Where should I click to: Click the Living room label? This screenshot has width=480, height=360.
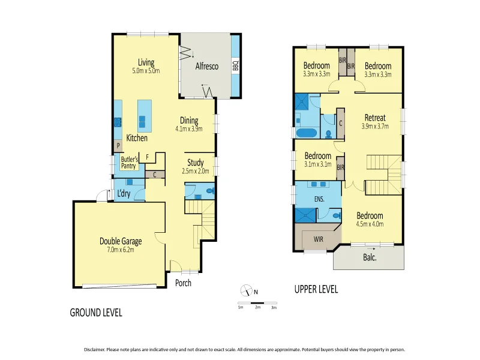(146, 62)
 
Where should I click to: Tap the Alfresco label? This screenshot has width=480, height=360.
(206, 67)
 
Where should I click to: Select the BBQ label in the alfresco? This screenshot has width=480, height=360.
(236, 65)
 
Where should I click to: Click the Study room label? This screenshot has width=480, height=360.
(196, 163)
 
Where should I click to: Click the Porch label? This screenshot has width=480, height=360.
(183, 283)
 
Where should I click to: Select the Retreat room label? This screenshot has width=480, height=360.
(375, 118)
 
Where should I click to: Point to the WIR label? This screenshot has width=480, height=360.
(319, 239)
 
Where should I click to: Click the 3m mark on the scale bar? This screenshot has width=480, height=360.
(274, 307)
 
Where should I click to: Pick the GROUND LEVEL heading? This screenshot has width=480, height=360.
(96, 313)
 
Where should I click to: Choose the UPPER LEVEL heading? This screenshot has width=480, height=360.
(316, 289)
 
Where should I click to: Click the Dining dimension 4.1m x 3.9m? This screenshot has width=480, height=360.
(189, 128)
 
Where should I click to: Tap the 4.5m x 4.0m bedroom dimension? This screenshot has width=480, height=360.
(370, 224)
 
